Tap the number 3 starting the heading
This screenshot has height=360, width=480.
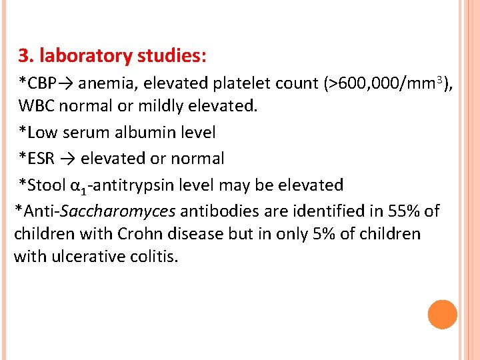(x=23, y=56)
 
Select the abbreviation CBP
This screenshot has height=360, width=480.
(x=41, y=84)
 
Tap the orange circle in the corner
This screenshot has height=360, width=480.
(x=443, y=315)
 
